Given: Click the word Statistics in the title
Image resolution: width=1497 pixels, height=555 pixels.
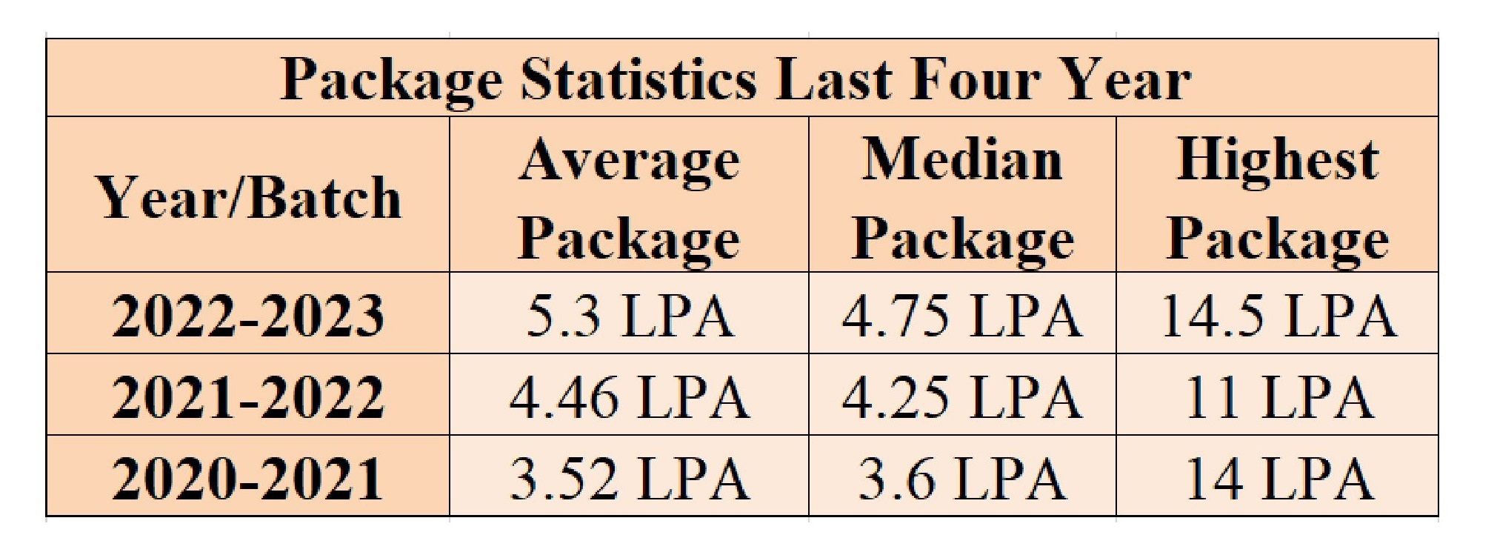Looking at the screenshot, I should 638,80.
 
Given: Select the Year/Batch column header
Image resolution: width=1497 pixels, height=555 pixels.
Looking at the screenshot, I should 250,199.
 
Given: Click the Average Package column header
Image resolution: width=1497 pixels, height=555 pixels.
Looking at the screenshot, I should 629,199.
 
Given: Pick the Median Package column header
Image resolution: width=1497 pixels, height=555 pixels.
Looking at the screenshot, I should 962,199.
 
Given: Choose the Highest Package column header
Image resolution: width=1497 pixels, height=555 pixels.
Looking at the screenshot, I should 1277,199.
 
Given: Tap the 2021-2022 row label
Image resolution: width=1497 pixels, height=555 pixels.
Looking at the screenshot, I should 249,397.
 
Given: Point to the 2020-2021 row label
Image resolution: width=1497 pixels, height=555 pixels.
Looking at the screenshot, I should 249,478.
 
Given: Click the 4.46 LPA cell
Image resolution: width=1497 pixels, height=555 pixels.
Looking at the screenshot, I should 629,397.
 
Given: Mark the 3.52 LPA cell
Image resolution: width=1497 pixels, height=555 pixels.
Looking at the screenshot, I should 629,478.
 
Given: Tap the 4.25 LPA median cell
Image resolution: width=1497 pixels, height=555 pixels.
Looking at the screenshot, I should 962,397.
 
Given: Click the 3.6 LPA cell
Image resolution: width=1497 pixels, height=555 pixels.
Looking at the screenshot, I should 962,478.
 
